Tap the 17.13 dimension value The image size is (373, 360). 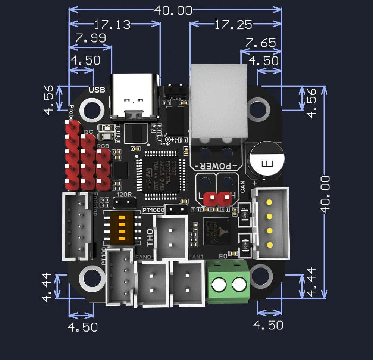click(x=112, y=25)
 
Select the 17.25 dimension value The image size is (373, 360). click(x=233, y=25)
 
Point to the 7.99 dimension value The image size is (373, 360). click(x=91, y=38)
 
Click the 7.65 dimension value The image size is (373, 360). click(x=260, y=43)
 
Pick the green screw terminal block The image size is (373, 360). click(x=228, y=282)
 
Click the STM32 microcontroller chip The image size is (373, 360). click(x=162, y=171)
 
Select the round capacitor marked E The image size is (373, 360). click(x=266, y=161)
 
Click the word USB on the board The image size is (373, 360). click(x=97, y=90)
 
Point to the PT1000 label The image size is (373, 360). click(x=153, y=210)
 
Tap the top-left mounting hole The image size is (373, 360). click(x=91, y=109)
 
